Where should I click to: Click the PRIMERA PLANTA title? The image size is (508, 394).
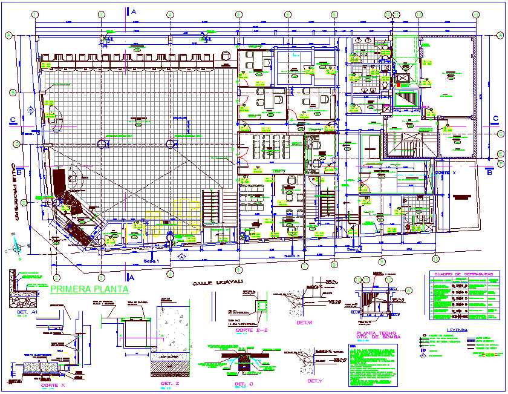click(x=90, y=290)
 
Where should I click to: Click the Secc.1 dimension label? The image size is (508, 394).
click(x=150, y=261)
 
